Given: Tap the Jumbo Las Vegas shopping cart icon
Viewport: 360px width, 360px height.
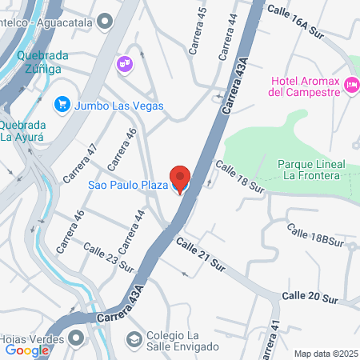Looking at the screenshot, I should pyautogui.click(x=61, y=105).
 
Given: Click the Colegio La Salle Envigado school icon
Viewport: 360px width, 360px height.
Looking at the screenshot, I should pyautogui.click(x=134, y=339).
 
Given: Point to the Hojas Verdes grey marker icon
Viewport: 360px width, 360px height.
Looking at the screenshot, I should pyautogui.click(x=75, y=338).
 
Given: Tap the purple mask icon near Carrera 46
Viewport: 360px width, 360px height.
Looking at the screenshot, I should pyautogui.click(x=123, y=63).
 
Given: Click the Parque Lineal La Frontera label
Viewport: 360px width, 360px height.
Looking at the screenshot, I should pyautogui.click(x=311, y=170).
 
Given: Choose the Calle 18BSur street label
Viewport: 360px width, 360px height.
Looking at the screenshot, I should pyautogui.click(x=315, y=234).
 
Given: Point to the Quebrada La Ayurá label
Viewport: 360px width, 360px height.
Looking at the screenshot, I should pyautogui.click(x=28, y=130).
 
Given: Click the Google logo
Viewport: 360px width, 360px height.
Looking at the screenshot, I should pyautogui.click(x=26, y=350).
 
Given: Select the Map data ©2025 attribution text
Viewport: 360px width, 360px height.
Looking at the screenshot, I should pyautogui.click(x=325, y=353).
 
